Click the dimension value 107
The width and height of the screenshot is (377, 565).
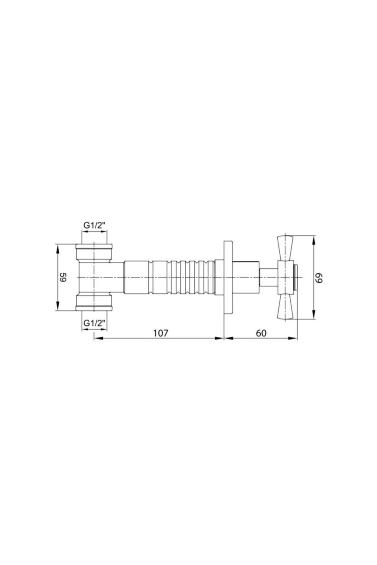tap(161, 333)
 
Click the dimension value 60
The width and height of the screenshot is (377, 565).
tap(261, 333)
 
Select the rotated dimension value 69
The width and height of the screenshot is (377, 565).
tap(320, 277)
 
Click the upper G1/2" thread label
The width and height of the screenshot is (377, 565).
tap(94, 225)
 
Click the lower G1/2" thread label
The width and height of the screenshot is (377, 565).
tap(94, 323)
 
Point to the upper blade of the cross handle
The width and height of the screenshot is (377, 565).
tap(286, 248)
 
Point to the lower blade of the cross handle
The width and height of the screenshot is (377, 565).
tap(286, 307)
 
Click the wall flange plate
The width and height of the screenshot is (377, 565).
tap(228, 277)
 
